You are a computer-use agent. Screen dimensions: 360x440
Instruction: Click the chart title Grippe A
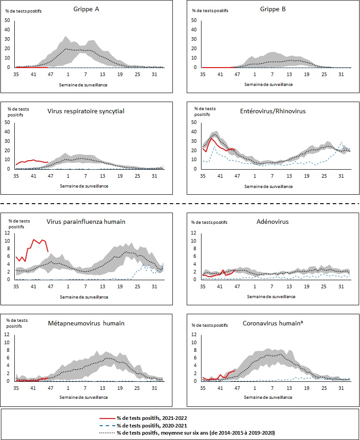click(86, 9)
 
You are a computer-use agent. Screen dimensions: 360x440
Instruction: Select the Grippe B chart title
click(273, 9)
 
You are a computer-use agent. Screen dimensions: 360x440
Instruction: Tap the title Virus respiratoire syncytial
click(86, 111)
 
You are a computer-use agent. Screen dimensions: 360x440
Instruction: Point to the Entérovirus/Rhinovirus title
click(273, 111)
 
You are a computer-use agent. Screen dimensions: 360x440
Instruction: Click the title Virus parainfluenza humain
click(86, 222)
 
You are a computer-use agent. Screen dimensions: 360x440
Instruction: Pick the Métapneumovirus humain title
click(86, 323)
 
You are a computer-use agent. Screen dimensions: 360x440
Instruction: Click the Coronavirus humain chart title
click(273, 323)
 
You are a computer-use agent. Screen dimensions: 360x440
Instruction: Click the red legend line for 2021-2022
click(107, 419)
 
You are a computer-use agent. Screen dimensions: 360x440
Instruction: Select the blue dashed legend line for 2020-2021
click(107, 425)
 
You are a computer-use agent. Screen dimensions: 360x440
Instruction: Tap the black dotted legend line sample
click(107, 432)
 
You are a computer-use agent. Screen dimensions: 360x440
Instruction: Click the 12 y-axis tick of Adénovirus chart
click(193, 233)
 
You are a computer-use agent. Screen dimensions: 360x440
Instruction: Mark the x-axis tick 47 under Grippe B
click(237, 74)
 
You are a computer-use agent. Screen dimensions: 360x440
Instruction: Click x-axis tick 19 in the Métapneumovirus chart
click(120, 388)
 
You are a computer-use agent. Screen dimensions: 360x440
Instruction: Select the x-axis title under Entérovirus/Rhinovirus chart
click(269, 186)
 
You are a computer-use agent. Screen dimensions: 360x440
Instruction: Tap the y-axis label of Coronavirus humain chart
click(210, 325)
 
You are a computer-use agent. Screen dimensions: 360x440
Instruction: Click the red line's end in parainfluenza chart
click(48, 252)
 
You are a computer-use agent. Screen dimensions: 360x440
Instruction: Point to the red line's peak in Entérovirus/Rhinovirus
click(211, 138)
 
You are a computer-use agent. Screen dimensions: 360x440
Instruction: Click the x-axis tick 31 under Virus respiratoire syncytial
click(154, 176)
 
